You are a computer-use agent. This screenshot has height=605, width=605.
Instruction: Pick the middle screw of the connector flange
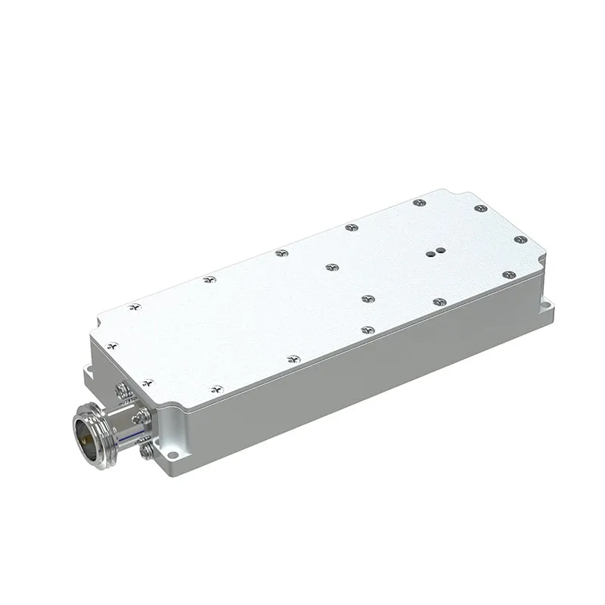(138, 417)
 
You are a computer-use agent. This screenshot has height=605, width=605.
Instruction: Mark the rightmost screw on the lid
(520, 240)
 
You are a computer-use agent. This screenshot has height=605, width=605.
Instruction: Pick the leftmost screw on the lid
(112, 346)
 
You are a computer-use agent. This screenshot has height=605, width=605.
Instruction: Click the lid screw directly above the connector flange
(148, 383)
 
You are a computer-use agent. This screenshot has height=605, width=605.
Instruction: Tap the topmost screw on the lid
(418, 203)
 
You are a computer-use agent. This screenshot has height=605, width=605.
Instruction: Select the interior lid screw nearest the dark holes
(367, 298)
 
